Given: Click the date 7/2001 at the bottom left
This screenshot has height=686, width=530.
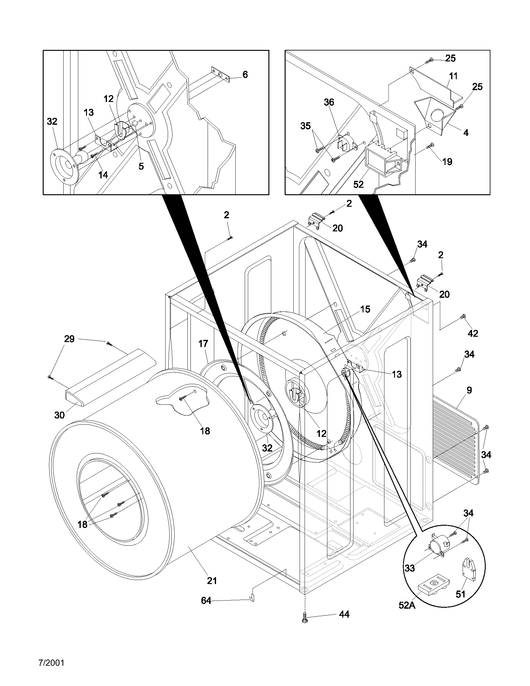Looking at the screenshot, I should pyautogui.click(x=51, y=663).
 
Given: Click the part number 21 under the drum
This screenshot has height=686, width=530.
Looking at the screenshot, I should pyautogui.click(x=212, y=581).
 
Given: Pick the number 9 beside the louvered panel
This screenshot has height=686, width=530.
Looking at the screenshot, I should pyautogui.click(x=469, y=390).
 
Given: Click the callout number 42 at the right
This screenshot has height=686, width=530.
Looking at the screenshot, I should pyautogui.click(x=473, y=334).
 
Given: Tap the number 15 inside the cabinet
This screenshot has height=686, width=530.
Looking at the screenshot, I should pyautogui.click(x=365, y=309).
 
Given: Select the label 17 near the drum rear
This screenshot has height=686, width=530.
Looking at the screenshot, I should pyautogui.click(x=203, y=344).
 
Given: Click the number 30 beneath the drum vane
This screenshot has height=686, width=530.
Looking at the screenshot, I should pyautogui.click(x=59, y=415).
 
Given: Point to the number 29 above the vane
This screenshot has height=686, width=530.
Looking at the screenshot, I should pyautogui.click(x=69, y=339).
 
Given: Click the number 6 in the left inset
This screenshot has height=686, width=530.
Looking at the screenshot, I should pyautogui.click(x=245, y=75).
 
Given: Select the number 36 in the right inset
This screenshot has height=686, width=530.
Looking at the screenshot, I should pyautogui.click(x=329, y=102).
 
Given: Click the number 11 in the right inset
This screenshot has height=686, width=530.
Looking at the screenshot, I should pyautogui.click(x=453, y=76).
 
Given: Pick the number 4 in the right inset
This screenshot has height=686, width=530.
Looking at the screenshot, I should pyautogui.click(x=466, y=133).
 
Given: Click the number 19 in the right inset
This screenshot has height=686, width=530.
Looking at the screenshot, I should pyautogui.click(x=447, y=162).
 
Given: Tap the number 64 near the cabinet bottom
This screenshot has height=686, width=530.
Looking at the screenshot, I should pyautogui.click(x=206, y=601).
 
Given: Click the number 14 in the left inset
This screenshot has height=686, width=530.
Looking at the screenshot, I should pyautogui.click(x=103, y=175).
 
